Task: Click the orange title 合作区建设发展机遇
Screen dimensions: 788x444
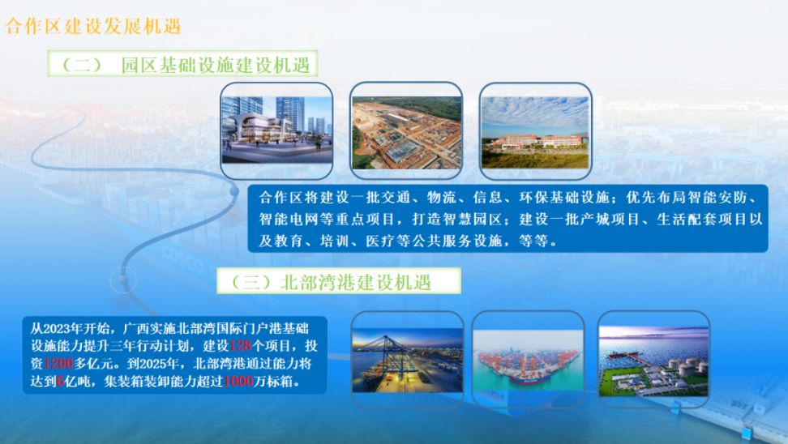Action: (93, 26)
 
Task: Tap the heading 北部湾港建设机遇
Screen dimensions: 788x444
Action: (356, 282)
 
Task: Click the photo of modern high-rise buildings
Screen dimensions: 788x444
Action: (277, 130)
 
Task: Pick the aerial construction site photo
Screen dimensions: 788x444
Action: (406, 133)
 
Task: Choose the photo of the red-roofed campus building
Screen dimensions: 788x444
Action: (535, 133)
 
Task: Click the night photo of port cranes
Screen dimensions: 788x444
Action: (408, 360)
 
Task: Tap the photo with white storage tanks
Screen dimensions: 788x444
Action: (653, 361)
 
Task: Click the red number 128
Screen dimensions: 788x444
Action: (240, 345)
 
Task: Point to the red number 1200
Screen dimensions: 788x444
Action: (58, 363)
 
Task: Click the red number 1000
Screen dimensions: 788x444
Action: (238, 382)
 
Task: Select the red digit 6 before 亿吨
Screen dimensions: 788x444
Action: (60, 382)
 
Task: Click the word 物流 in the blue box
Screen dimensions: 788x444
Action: (441, 197)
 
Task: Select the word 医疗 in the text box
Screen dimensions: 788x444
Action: (380, 241)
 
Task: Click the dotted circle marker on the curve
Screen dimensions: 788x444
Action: (123, 280)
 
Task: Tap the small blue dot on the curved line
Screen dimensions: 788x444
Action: (234, 191)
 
